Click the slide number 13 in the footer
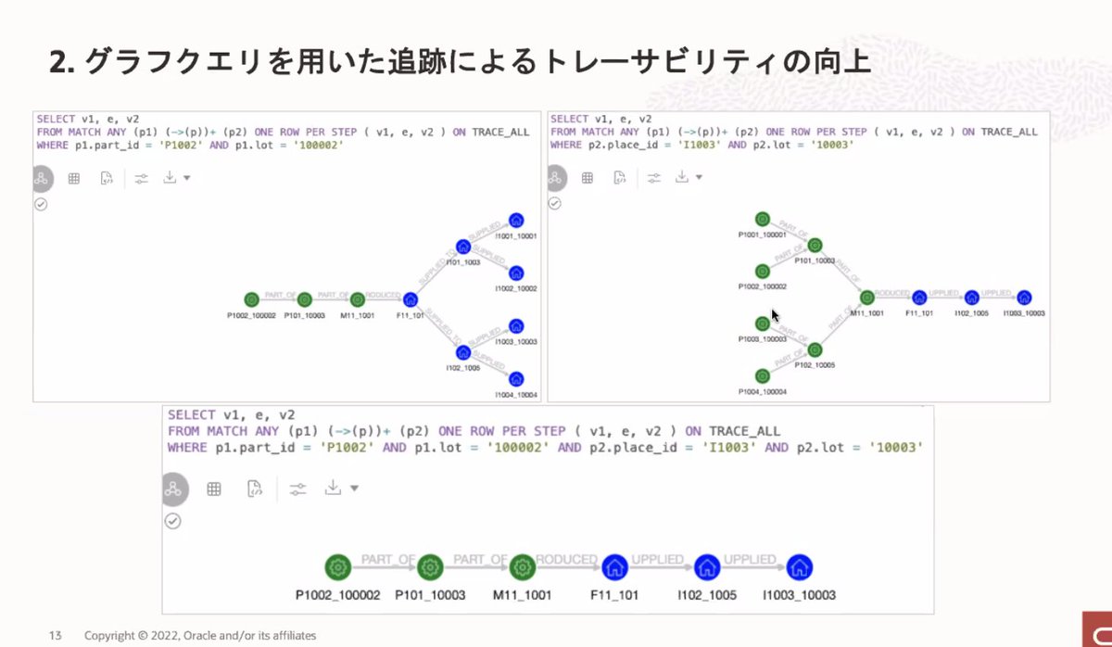[55, 635]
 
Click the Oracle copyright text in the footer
[199, 635]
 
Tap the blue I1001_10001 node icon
[516, 221]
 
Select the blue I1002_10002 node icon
[516, 273]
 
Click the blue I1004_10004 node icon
[516, 379]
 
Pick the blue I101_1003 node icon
[463, 247]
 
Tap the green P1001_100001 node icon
[762, 220]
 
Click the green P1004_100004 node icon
[762, 376]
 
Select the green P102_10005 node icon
[815, 350]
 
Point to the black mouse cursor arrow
[774, 315]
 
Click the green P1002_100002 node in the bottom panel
[337, 566]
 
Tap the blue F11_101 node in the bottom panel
[613, 566]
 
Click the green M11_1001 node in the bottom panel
[522, 566]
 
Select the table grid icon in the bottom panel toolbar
[214, 488]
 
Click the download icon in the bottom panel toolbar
[334, 488]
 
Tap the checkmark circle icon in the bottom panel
[172, 521]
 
